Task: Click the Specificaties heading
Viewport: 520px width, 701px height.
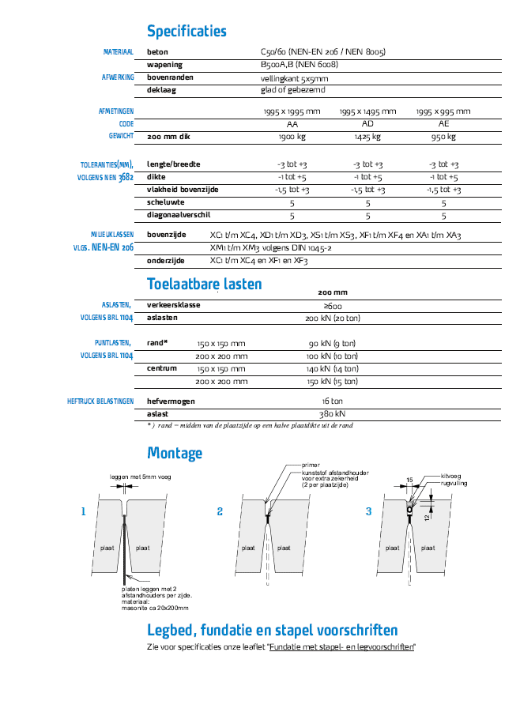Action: [x=187, y=32]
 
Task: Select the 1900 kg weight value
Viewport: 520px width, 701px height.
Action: [x=292, y=137]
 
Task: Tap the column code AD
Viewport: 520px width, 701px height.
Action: [x=367, y=124]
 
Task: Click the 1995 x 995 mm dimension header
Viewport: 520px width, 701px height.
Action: [x=443, y=111]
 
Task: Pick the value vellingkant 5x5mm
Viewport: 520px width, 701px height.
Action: [x=294, y=78]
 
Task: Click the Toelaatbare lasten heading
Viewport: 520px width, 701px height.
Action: [x=204, y=284]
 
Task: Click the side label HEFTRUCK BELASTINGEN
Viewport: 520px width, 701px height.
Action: [x=100, y=401]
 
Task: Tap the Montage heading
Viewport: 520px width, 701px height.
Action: [x=175, y=453]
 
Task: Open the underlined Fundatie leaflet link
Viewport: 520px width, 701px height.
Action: [x=341, y=647]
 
